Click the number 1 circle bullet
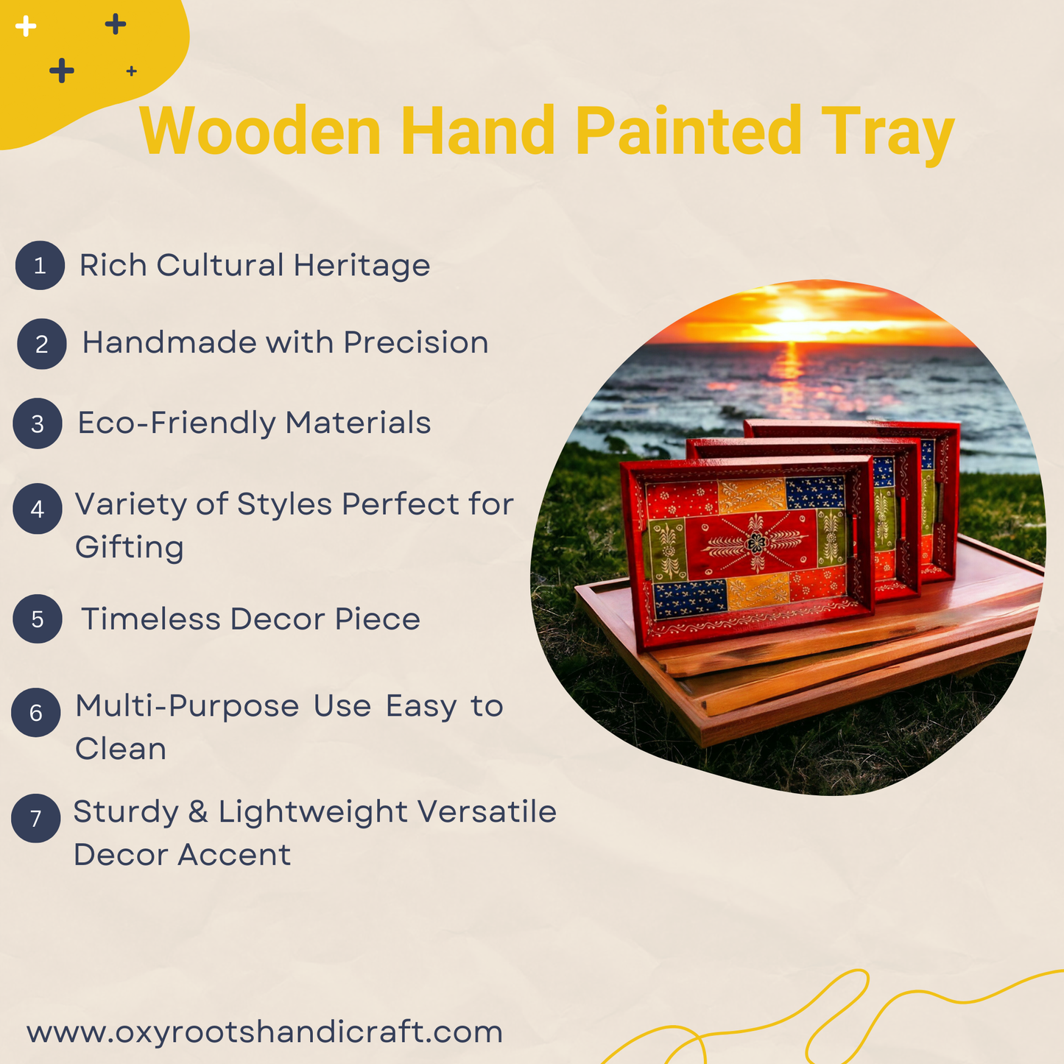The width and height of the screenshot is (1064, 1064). (x=40, y=265)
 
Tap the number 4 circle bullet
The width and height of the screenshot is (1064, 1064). (x=38, y=509)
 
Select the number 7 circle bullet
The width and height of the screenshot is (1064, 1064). (x=36, y=818)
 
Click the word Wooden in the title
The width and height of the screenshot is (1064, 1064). (x=260, y=131)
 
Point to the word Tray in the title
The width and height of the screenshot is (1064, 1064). (x=888, y=135)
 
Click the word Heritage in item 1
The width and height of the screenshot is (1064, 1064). (x=362, y=266)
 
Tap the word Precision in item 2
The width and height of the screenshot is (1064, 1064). (x=416, y=342)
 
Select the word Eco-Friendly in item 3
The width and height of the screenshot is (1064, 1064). (x=177, y=423)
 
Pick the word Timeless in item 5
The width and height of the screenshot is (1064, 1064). (x=151, y=619)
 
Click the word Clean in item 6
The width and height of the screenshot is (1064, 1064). (x=120, y=749)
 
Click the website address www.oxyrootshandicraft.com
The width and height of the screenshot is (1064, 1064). (x=264, y=1032)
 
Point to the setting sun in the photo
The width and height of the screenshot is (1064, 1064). (x=792, y=314)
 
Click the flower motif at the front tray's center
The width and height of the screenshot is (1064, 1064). (x=756, y=543)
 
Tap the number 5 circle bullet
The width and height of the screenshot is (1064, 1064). (x=38, y=619)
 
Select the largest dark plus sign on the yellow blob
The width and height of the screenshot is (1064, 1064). (x=61, y=71)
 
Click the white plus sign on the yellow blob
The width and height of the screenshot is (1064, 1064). (x=25, y=26)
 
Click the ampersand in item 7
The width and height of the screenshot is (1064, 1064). (x=198, y=812)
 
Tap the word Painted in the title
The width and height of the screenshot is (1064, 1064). (x=688, y=131)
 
